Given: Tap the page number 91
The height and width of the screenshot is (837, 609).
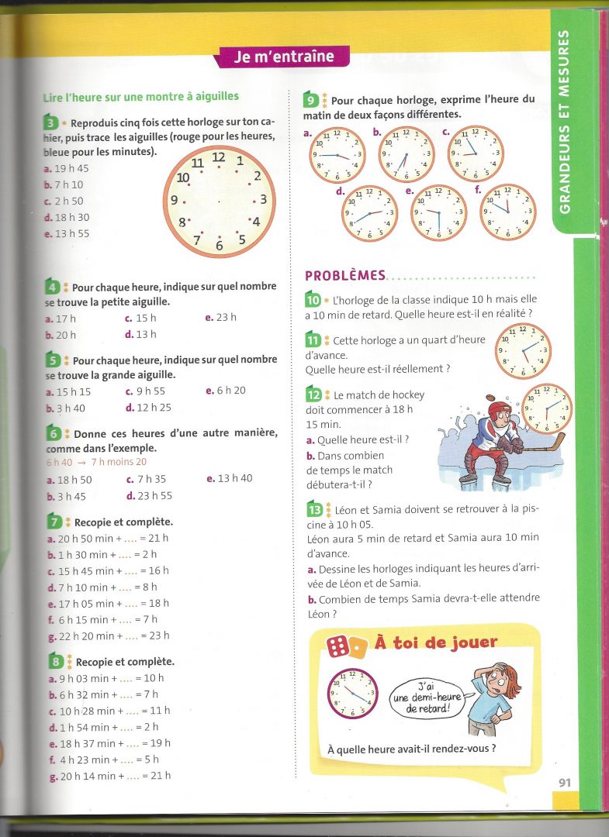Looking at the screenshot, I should point(564,782).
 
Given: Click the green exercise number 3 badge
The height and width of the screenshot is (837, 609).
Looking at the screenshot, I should point(50,122).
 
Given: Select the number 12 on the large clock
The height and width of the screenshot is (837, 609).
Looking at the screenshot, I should point(219,157).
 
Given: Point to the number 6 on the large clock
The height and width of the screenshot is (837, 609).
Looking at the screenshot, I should point(219,245).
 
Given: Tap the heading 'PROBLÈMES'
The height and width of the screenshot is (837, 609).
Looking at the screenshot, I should point(344,275).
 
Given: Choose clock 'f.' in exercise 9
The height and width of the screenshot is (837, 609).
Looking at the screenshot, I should point(507,212).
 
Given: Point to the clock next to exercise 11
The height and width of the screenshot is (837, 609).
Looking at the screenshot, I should point(522,351).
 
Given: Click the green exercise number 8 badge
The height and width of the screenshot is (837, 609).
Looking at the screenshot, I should point(56,661).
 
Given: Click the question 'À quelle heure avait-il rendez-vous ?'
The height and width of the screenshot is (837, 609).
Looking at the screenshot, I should point(411,749).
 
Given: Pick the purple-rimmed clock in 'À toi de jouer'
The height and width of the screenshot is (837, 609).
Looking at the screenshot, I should point(352,694).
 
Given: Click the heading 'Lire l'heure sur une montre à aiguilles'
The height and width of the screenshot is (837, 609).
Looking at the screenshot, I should point(140,96).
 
